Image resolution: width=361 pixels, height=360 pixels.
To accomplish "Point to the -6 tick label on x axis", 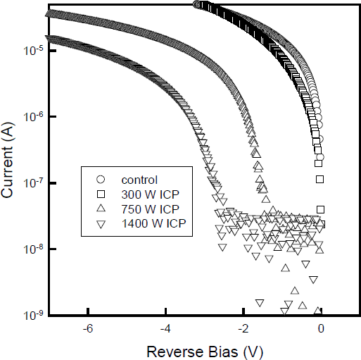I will tap(87, 329).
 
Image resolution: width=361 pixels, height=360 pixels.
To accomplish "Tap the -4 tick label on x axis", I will tap(165, 329).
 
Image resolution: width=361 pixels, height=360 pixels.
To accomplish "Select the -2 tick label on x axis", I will tap(243, 329).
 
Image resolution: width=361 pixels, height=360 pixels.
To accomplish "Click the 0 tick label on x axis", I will tap(322, 329).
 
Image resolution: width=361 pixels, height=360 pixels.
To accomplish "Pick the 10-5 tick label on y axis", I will tap(33, 51).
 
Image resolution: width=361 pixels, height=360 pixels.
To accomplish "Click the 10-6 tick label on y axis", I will tap(33, 116).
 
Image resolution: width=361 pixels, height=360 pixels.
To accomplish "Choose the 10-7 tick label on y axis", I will tap(33, 182).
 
